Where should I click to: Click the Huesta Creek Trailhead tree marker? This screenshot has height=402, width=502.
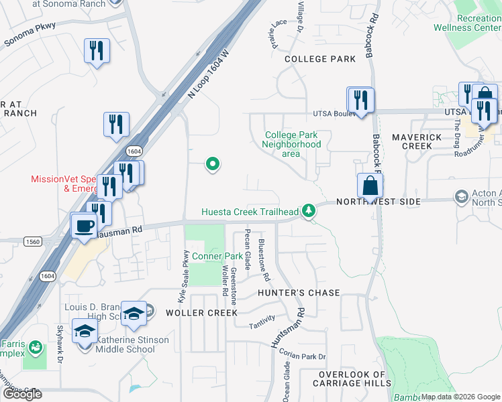click(309, 211)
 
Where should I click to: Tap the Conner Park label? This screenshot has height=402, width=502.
click(217, 256)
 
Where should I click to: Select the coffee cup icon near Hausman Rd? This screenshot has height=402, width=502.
click(84, 225)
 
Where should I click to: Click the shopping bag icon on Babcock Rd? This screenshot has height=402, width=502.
click(370, 187)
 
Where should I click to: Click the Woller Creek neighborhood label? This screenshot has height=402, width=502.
click(201, 312)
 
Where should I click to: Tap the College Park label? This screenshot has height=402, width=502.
click(320, 59)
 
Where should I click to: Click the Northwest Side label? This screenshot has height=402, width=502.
click(378, 202)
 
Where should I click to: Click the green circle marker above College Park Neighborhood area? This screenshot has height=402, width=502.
click(213, 163)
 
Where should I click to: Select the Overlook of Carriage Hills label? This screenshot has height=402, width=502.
click(352, 379)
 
